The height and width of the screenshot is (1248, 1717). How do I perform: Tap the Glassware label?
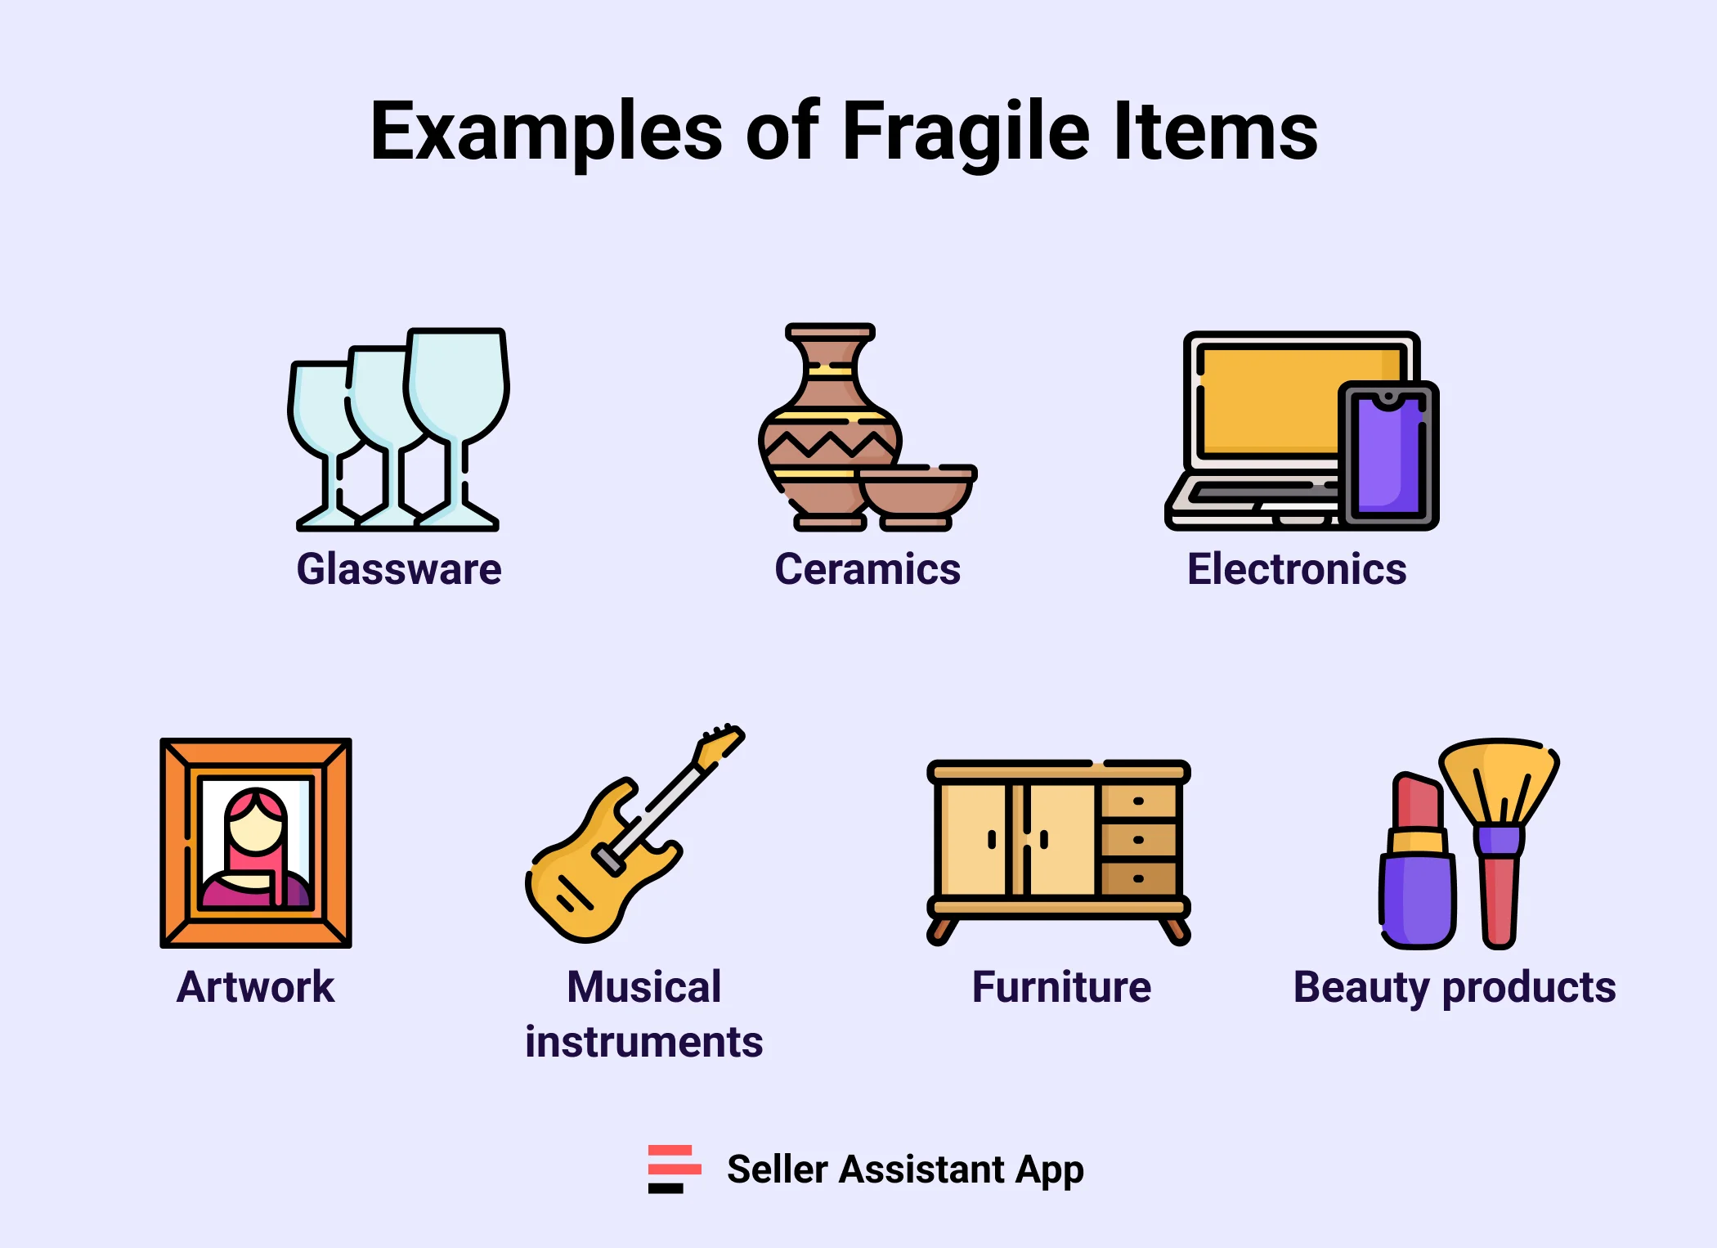tap(399, 569)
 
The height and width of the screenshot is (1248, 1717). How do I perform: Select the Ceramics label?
tap(867, 569)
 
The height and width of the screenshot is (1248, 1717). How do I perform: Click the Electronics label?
tap(1297, 569)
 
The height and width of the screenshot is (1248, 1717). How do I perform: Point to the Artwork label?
tap(255, 987)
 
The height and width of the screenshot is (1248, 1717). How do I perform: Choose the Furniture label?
tap(1061, 987)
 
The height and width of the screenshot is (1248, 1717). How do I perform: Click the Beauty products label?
tap(1454, 987)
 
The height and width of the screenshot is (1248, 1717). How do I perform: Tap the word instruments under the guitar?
tap(643, 1042)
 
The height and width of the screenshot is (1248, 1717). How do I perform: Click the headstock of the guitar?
tap(720, 744)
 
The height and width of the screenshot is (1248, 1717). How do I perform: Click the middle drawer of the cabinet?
tap(1138, 840)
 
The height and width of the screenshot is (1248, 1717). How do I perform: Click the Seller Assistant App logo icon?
tap(673, 1169)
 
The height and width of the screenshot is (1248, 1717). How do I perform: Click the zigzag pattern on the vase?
tap(830, 444)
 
